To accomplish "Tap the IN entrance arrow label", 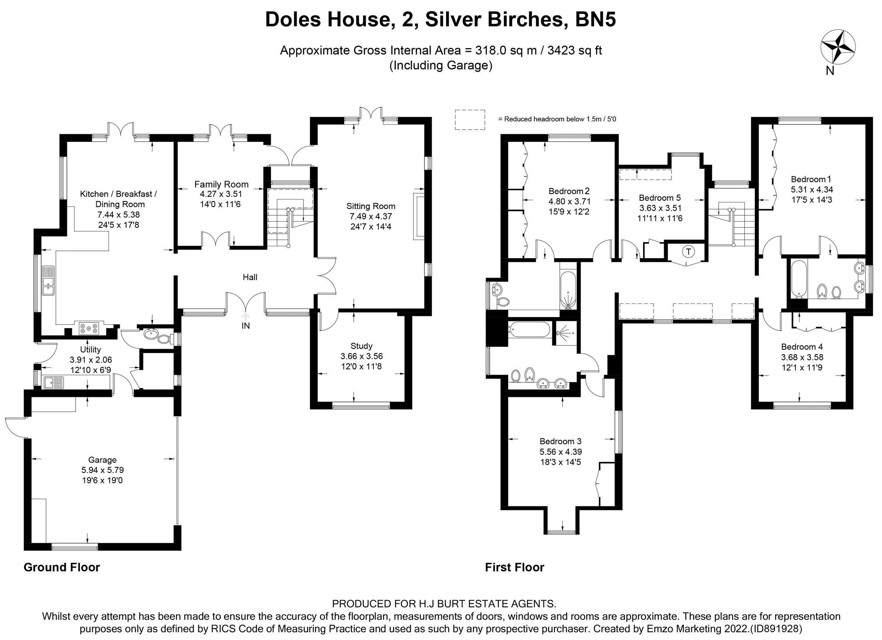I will coord(246,326).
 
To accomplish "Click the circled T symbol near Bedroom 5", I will coord(689,252).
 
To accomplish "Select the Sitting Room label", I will coord(370,206).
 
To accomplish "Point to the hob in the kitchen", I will coord(89,328).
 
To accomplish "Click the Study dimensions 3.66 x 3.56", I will coord(361,356).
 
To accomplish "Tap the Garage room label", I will coord(102,460).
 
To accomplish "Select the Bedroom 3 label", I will coord(560,441).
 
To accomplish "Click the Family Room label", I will coord(221,184).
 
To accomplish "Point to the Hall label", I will coord(250,277).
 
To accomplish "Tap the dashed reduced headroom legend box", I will coord(470,119).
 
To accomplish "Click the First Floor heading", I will coord(514,567).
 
